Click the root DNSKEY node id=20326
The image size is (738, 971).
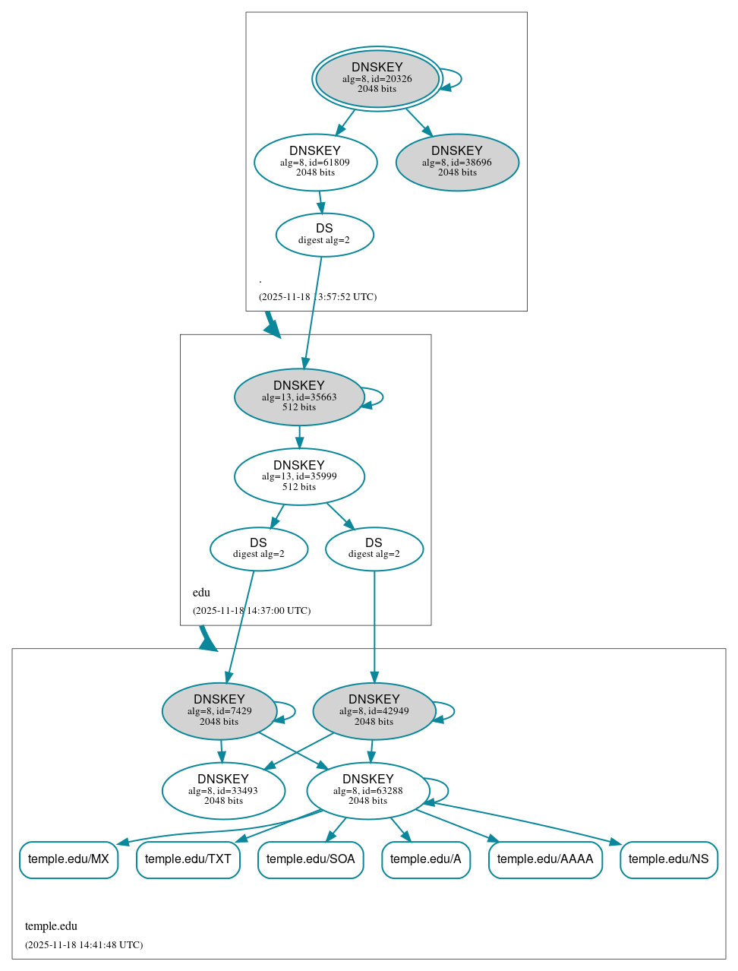click(377, 78)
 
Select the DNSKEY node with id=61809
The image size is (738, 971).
click(315, 162)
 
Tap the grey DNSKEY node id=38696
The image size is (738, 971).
click(457, 162)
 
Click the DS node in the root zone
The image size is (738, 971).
click(324, 234)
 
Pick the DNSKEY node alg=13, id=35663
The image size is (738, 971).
click(299, 397)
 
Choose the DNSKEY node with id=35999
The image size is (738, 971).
click(299, 476)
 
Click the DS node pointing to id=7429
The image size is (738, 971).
click(259, 549)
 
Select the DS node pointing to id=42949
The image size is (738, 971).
click(374, 549)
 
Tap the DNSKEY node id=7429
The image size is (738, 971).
click(219, 710)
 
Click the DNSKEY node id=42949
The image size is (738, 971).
click(374, 710)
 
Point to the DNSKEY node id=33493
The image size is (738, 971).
click(223, 790)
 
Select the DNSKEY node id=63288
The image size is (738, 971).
click(368, 790)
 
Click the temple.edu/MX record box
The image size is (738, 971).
click(68, 859)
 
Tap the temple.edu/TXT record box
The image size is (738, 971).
click(188, 859)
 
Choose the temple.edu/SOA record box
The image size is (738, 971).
click(311, 859)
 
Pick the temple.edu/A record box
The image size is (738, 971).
click(426, 859)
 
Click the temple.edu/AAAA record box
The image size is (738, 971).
click(545, 859)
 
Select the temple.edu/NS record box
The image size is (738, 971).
click(668, 859)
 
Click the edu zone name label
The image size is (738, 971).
click(201, 593)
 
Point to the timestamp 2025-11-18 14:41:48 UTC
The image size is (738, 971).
click(84, 945)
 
